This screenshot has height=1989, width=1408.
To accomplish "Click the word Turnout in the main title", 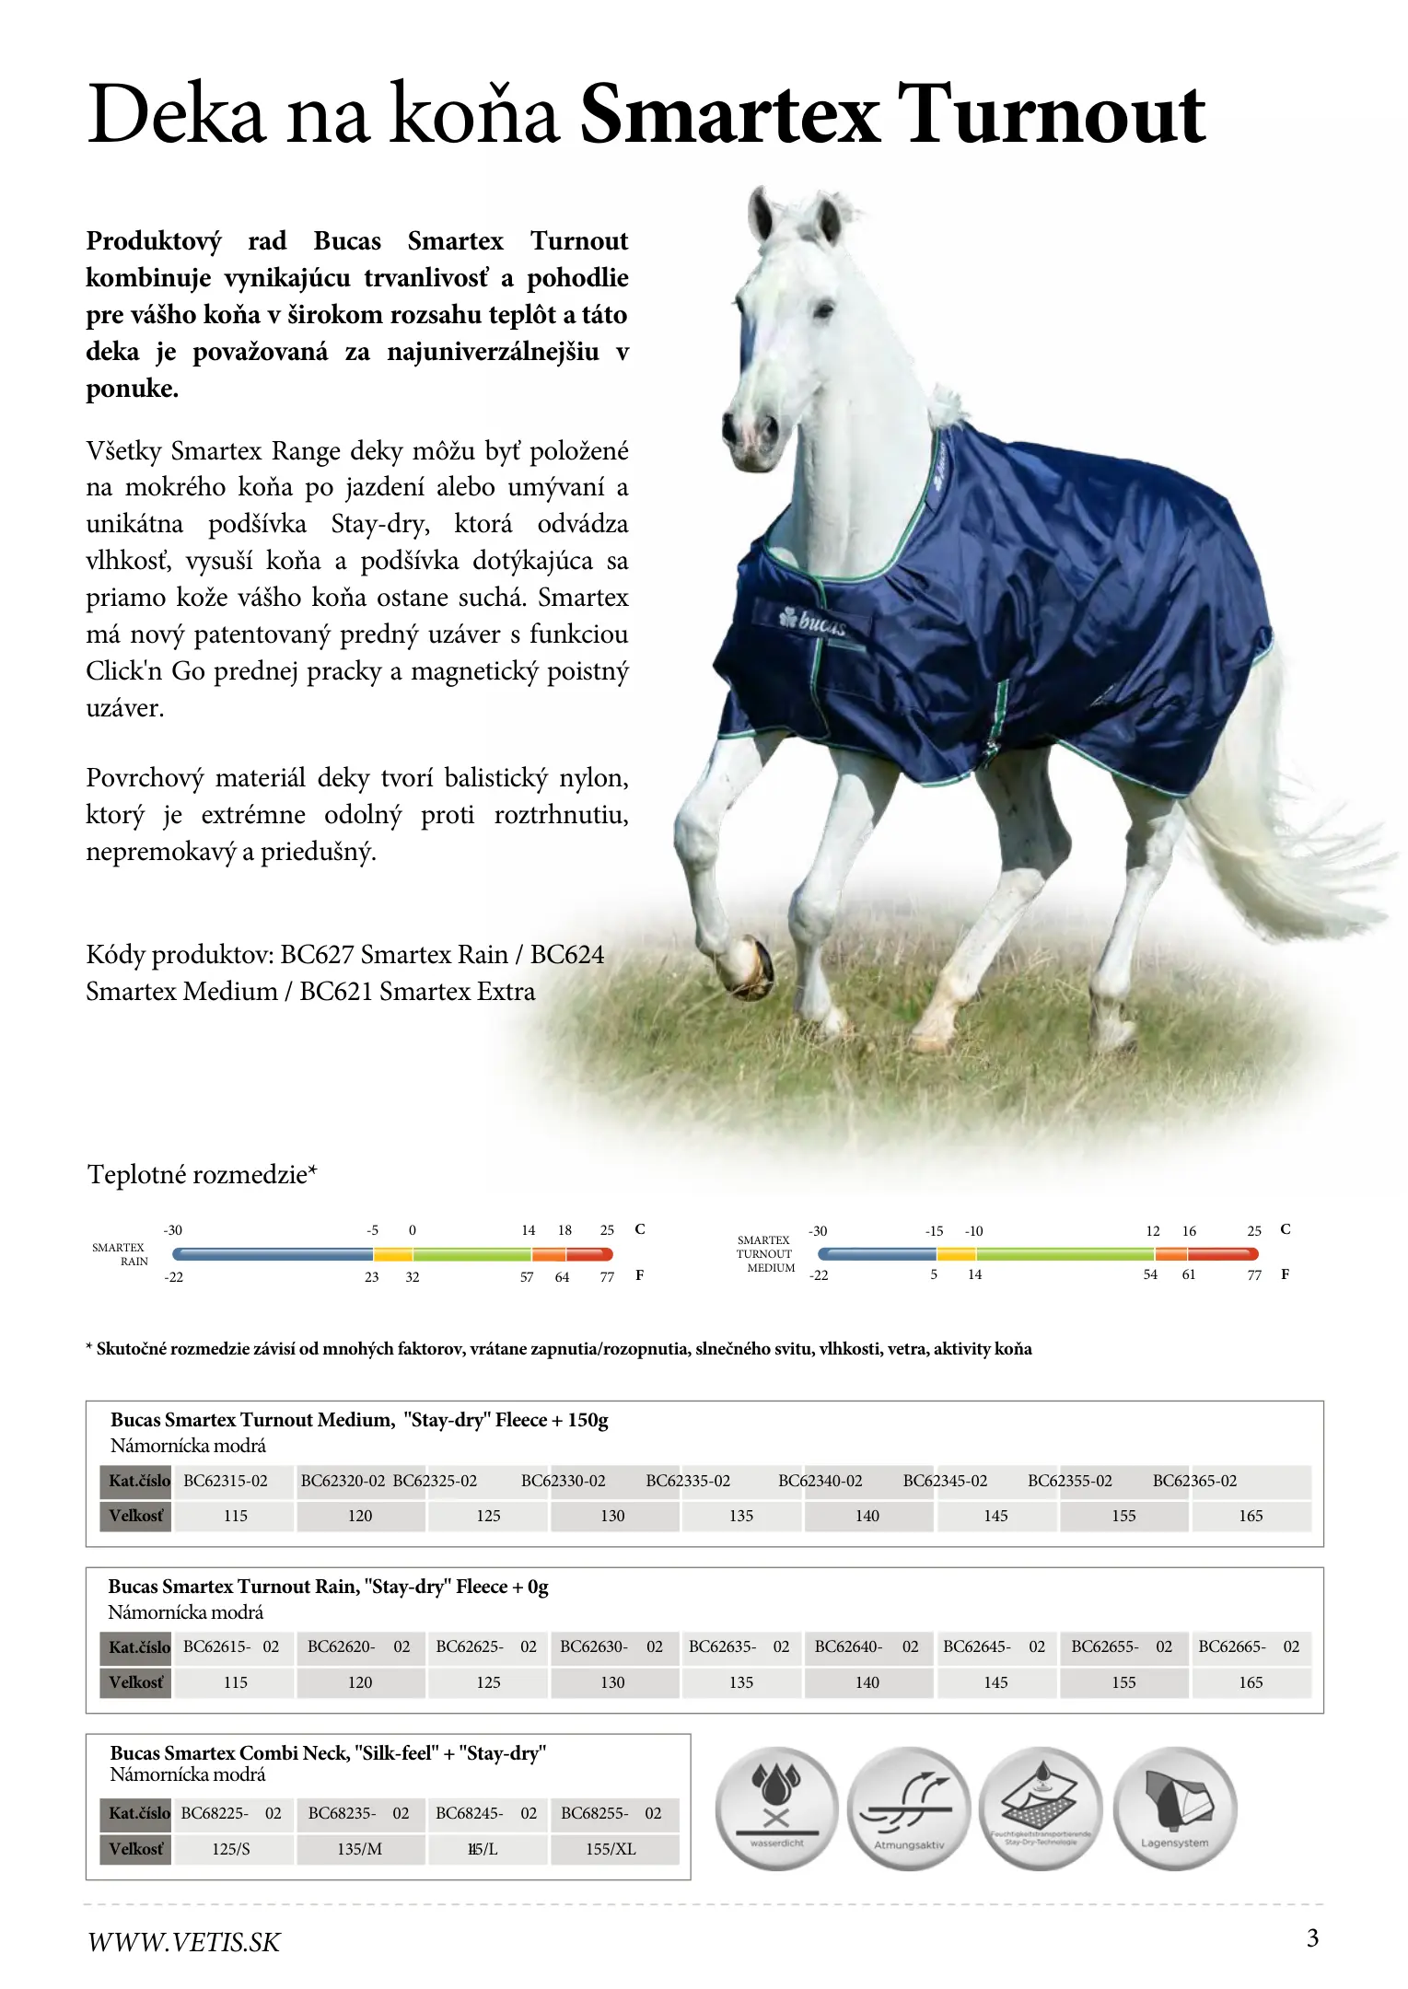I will (x=1051, y=115).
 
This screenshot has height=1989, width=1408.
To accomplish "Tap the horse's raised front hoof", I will (x=749, y=966).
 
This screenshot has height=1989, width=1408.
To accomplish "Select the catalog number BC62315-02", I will (x=226, y=1481).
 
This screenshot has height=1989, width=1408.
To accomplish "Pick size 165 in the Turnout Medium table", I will (x=1250, y=1516).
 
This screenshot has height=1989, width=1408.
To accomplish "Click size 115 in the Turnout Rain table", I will (x=235, y=1682).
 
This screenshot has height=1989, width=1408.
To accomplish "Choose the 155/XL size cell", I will (x=611, y=1849).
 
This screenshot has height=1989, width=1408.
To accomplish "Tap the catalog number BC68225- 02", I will (x=231, y=1813).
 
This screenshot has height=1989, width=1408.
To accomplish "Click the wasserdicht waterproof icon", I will (x=776, y=1811).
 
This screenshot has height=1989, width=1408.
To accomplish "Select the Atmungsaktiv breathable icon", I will (x=908, y=1811).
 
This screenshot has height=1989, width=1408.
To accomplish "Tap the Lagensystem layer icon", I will (x=1174, y=1811).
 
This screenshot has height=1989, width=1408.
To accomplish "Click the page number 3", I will (x=1312, y=1938).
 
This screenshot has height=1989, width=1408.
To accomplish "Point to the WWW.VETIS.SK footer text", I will (x=183, y=1942).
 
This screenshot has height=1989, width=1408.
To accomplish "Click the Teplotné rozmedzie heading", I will (x=202, y=1175).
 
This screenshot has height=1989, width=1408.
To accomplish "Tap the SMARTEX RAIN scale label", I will (x=120, y=1254).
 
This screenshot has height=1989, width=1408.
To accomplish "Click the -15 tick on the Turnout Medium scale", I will (x=935, y=1231).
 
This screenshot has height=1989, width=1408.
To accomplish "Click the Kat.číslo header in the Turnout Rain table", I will (x=138, y=1647).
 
